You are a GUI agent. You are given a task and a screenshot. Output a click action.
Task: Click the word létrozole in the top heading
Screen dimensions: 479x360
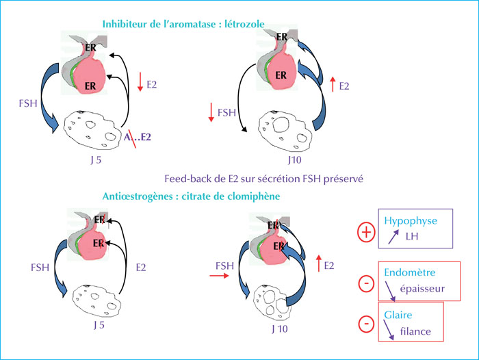244,24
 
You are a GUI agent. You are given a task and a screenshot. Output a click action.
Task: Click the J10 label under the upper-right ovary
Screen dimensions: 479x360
294,160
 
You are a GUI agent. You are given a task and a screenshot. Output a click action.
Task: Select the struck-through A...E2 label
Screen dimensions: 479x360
137,137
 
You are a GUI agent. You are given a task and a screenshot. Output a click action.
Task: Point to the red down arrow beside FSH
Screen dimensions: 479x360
211,112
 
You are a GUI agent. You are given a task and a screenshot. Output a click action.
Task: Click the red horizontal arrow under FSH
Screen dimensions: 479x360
219,276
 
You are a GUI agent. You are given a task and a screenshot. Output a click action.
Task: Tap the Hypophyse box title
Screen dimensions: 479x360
411,221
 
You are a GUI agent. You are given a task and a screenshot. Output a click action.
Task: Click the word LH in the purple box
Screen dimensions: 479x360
412,236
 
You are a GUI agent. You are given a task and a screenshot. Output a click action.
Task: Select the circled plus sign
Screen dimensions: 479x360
366,232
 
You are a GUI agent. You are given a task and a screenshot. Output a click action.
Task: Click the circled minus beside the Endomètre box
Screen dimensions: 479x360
366,283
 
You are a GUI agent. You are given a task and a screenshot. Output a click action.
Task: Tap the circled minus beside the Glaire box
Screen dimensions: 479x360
366,324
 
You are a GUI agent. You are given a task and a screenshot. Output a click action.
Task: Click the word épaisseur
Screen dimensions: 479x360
422,289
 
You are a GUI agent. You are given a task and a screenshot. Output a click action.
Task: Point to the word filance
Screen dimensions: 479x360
415,331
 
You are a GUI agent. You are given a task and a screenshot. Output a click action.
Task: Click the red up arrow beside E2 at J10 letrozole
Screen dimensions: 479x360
333,84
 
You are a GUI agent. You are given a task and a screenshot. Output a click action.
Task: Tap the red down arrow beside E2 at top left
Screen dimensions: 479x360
140,81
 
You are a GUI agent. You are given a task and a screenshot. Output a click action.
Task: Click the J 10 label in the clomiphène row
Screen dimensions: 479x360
280,329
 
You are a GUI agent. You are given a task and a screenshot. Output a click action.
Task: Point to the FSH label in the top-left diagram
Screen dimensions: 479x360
28,103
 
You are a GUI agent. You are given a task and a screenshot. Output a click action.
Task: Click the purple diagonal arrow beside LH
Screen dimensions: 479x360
393,237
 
